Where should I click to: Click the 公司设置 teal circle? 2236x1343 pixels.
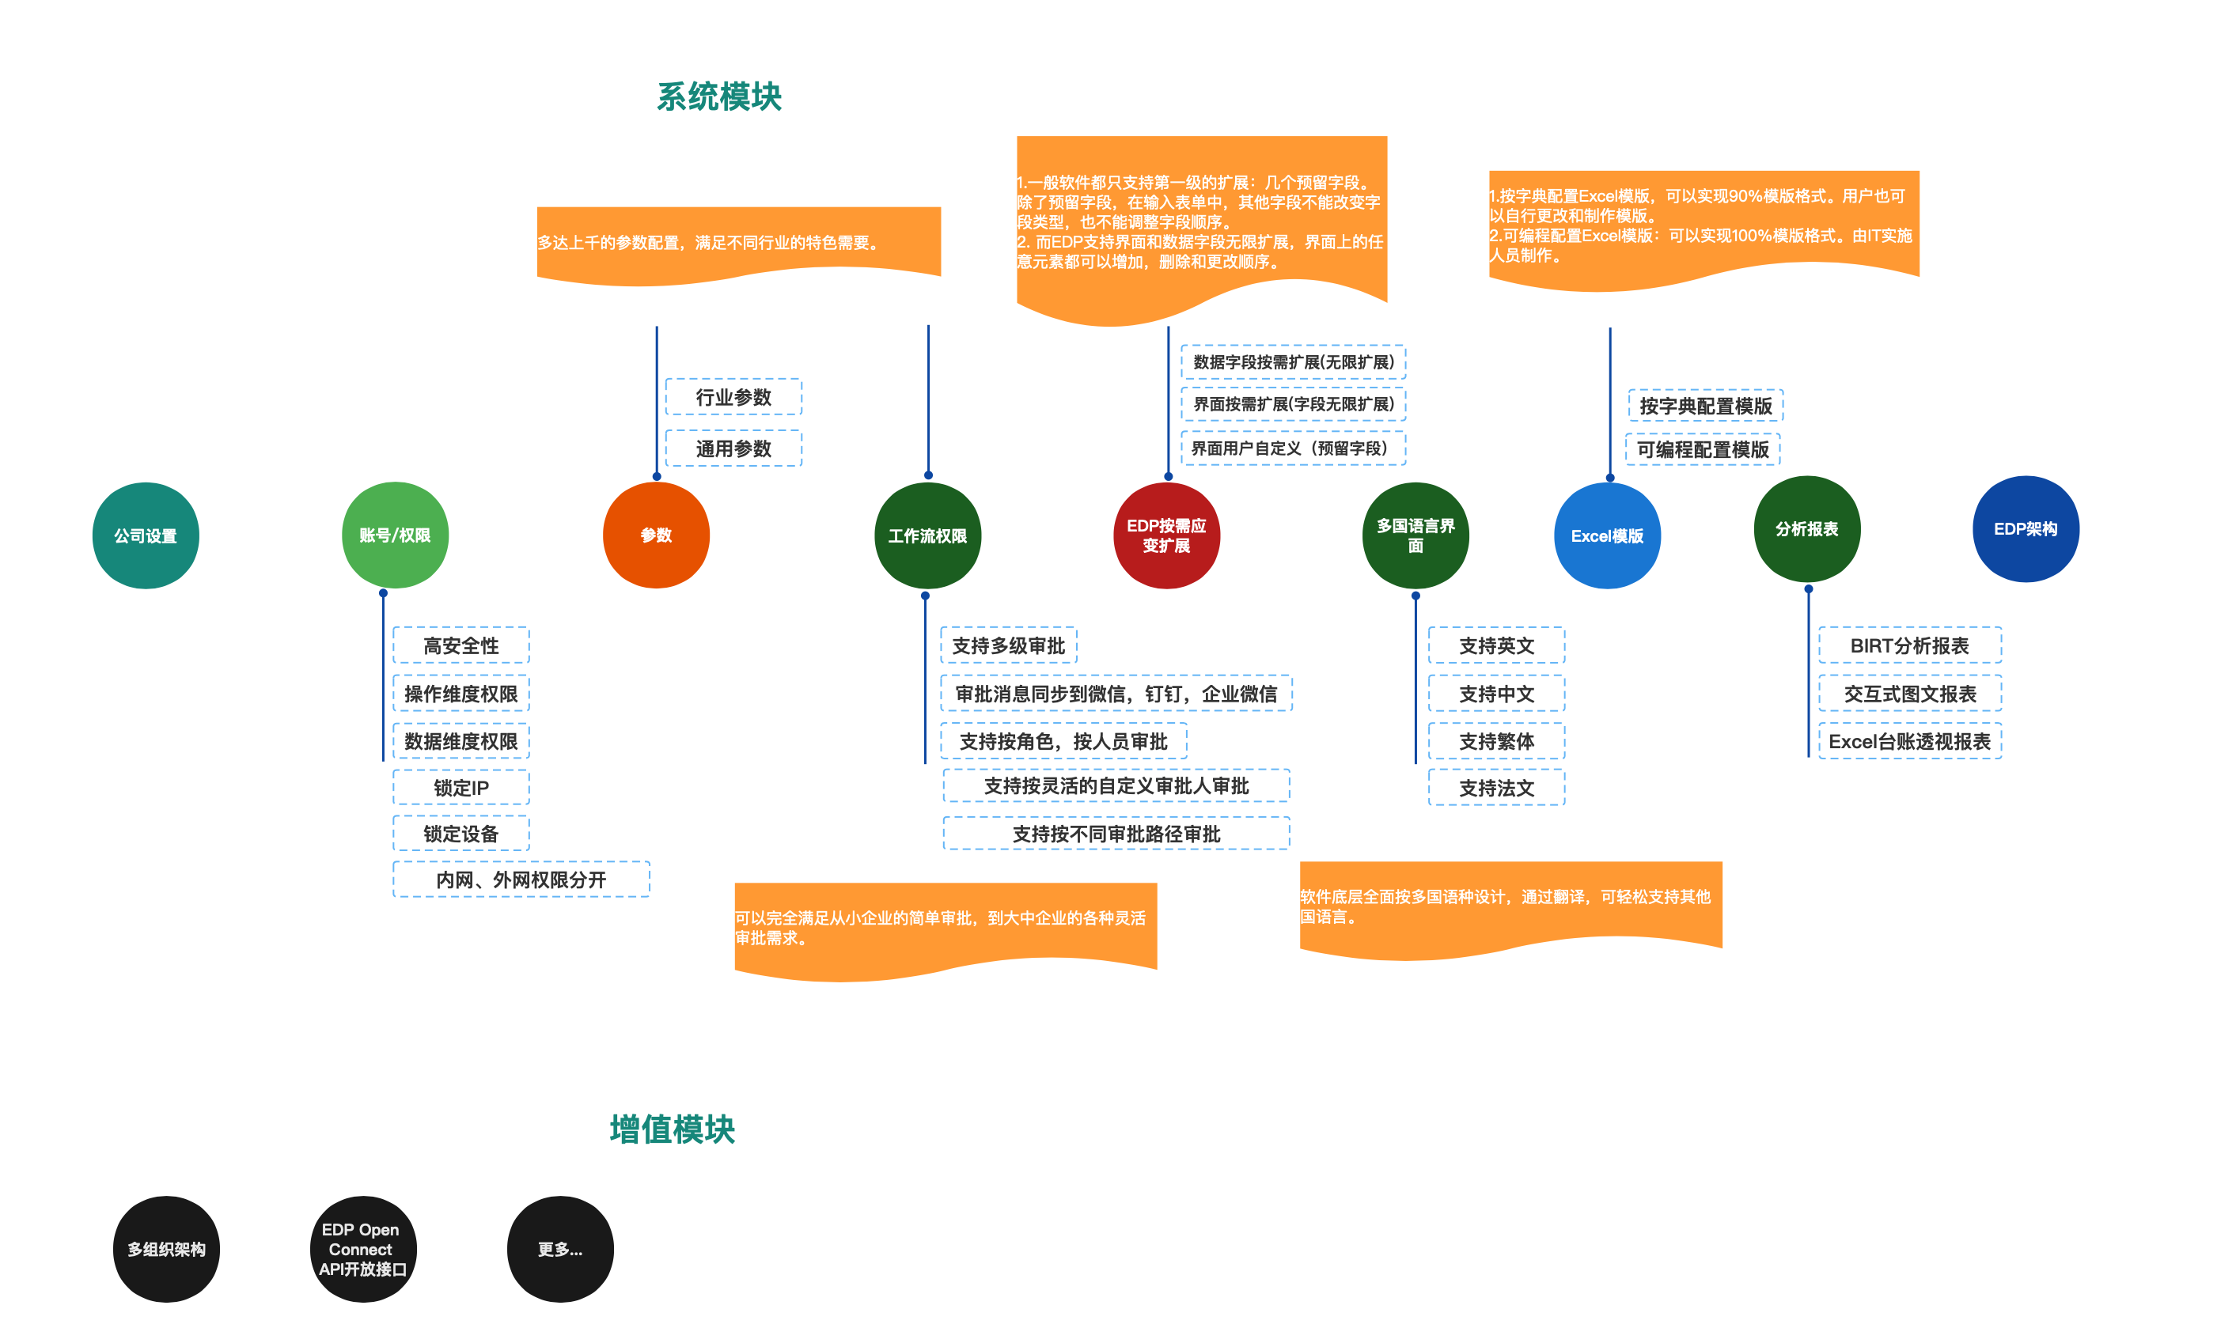(x=146, y=535)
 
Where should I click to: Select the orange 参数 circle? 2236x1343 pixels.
(x=656, y=535)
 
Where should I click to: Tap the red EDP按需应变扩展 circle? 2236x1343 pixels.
(x=1166, y=535)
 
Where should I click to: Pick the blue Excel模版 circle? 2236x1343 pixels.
(x=1607, y=535)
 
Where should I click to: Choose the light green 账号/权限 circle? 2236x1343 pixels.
(x=395, y=535)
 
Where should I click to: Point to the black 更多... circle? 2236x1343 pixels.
(x=559, y=1249)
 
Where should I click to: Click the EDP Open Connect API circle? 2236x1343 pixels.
(x=362, y=1249)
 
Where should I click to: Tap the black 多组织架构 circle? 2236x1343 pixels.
(x=167, y=1249)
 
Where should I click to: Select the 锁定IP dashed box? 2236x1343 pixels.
(x=460, y=787)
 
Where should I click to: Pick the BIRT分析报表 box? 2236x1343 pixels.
(x=1909, y=645)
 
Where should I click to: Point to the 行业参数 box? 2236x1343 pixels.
(x=733, y=397)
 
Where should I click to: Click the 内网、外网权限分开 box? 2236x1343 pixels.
(x=521, y=880)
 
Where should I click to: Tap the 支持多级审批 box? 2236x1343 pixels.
(x=1009, y=645)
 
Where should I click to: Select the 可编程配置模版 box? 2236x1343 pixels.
(x=1703, y=450)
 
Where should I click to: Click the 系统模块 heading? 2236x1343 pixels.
(x=718, y=96)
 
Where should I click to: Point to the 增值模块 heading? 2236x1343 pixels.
(x=672, y=1129)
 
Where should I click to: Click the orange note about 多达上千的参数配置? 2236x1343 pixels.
(x=737, y=243)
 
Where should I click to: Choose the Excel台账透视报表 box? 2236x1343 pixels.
(x=1909, y=741)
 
